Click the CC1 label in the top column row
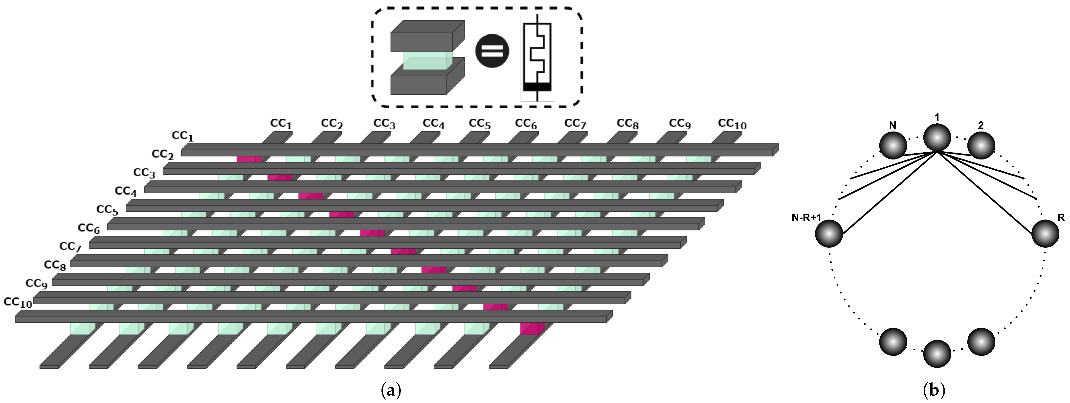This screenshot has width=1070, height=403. (281, 124)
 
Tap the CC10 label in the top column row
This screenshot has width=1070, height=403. (732, 124)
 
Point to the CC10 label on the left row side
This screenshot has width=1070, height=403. (18, 302)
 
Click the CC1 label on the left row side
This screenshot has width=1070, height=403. (182, 136)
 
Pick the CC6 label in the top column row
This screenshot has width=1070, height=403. (526, 124)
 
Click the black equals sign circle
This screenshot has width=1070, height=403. (492, 51)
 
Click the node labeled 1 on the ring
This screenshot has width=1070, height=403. (937, 137)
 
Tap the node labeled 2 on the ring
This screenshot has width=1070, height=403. (981, 145)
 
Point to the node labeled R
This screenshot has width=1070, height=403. (1045, 234)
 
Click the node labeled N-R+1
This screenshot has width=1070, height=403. (829, 234)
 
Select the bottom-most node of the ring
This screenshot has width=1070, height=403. (937, 354)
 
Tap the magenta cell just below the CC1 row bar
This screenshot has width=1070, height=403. (249, 159)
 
